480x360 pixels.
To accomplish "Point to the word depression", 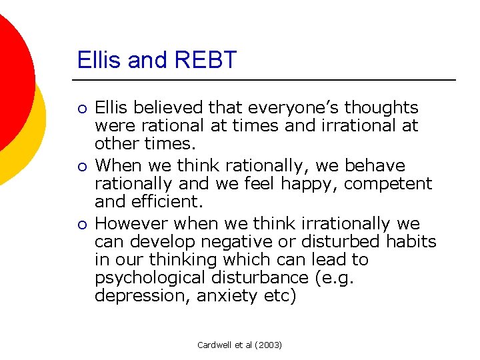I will tap(142, 295).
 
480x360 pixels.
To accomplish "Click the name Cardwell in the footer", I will tap(214, 345).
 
